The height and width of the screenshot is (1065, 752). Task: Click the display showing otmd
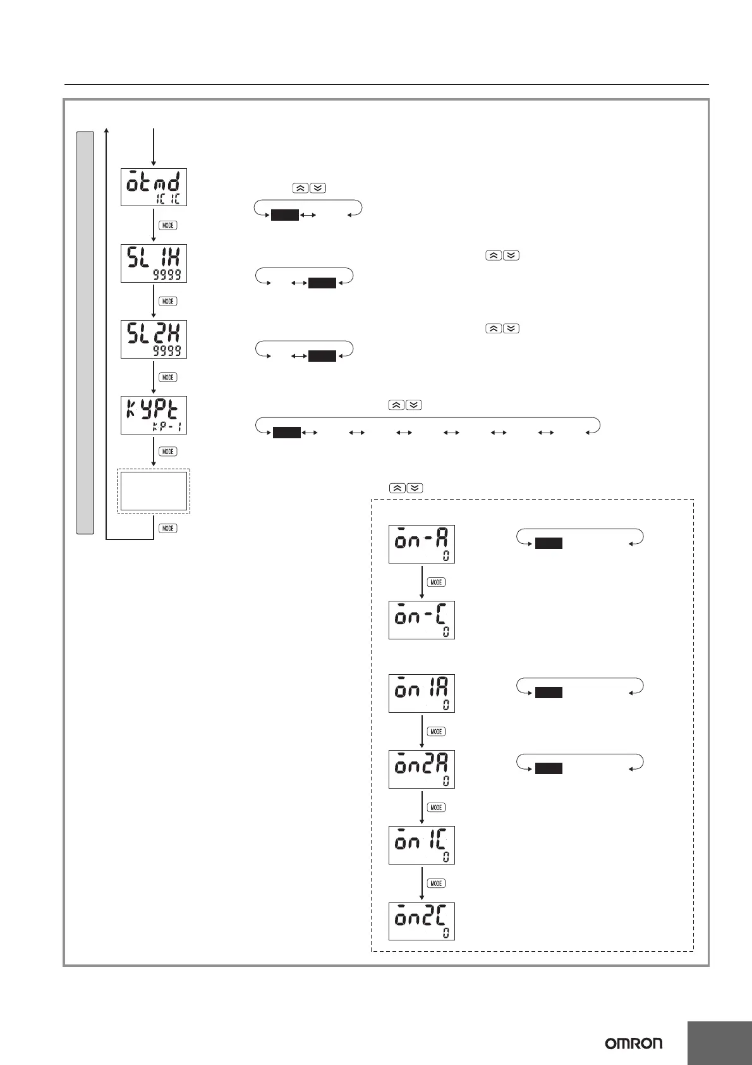pos(154,187)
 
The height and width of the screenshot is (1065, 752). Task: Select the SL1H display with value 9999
pos(154,263)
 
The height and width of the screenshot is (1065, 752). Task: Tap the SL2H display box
pos(154,339)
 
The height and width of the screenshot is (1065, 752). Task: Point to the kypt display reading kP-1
pos(154,415)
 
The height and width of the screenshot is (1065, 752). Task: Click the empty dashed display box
pos(154,491)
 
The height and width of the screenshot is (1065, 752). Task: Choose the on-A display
pos(421,544)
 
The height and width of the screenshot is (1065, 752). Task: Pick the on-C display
pos(421,620)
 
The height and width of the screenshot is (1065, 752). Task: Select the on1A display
pos(421,694)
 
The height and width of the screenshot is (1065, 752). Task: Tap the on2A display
pos(421,769)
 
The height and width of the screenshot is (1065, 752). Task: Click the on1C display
pos(421,845)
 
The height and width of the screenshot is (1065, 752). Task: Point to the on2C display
pos(421,921)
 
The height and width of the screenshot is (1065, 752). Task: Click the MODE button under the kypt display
pos(167,452)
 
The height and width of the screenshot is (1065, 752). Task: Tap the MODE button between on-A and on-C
pos(436,582)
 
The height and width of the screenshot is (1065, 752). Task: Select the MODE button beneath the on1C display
pos(436,883)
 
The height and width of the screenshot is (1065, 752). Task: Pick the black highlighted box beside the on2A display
pos(549,768)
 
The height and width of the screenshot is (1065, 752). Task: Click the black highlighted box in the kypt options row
pos(286,433)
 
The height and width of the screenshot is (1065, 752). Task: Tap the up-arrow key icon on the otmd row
pos(300,188)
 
